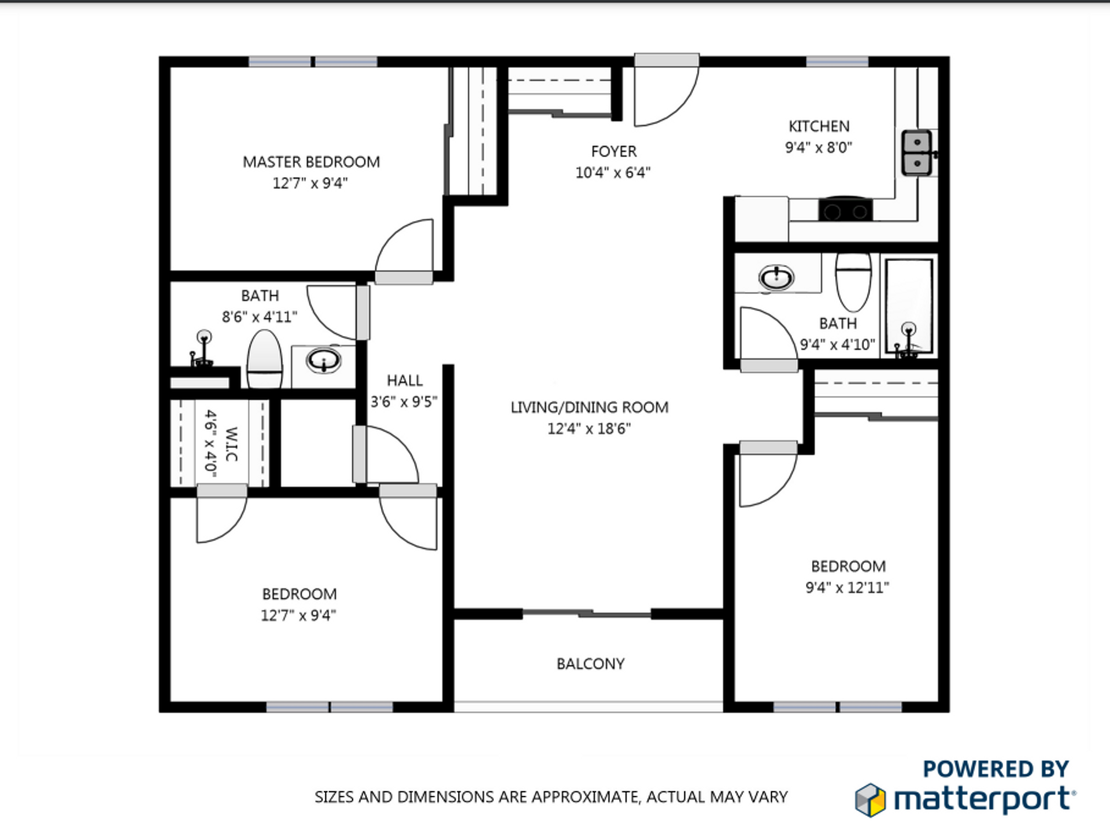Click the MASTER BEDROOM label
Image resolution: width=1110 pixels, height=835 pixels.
311,162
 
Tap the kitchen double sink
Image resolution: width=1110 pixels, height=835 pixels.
917,152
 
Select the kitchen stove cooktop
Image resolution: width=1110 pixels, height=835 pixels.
845,209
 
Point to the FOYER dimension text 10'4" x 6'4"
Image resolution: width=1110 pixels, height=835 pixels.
613,172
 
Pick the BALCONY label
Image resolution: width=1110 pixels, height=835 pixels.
590,664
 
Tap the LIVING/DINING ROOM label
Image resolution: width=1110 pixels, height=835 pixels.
589,407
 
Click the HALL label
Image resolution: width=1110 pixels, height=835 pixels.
405,381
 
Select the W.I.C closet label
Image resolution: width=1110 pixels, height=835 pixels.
231,444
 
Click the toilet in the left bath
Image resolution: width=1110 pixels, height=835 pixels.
265,359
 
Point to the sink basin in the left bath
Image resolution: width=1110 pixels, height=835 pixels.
324,361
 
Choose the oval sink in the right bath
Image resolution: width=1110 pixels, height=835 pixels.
776,278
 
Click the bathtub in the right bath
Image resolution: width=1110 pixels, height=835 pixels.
909,306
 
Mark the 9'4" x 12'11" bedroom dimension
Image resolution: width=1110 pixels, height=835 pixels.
847,588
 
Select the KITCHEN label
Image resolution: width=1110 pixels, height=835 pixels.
819,126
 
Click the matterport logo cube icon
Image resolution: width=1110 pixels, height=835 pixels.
870,800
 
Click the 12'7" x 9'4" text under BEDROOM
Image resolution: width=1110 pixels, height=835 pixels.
298,616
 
